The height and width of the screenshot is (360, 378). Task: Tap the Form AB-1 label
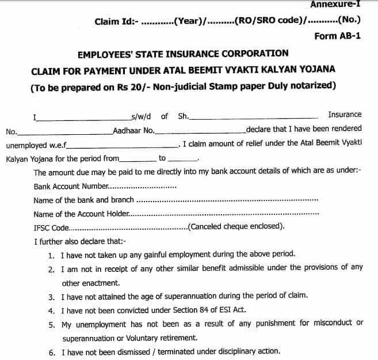tap(338, 36)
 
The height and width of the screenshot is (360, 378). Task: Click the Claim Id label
tap(116, 22)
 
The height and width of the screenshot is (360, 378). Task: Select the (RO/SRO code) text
tap(269, 22)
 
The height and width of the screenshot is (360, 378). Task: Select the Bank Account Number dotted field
tap(143, 187)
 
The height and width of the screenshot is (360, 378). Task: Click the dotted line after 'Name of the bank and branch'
tap(227, 200)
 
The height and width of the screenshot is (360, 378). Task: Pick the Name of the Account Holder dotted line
tap(224, 214)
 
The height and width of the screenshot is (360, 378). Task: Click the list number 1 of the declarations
tap(52, 254)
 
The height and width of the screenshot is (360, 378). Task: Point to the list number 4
tap(52, 310)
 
